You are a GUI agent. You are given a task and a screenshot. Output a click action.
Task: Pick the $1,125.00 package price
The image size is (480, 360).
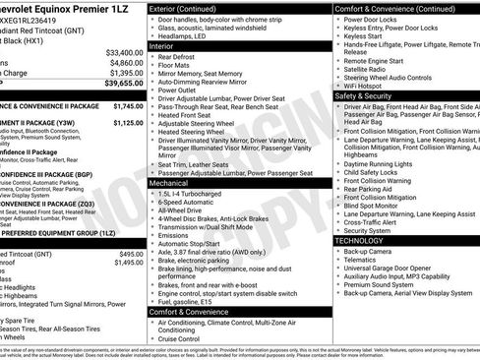click(x=128, y=123)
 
